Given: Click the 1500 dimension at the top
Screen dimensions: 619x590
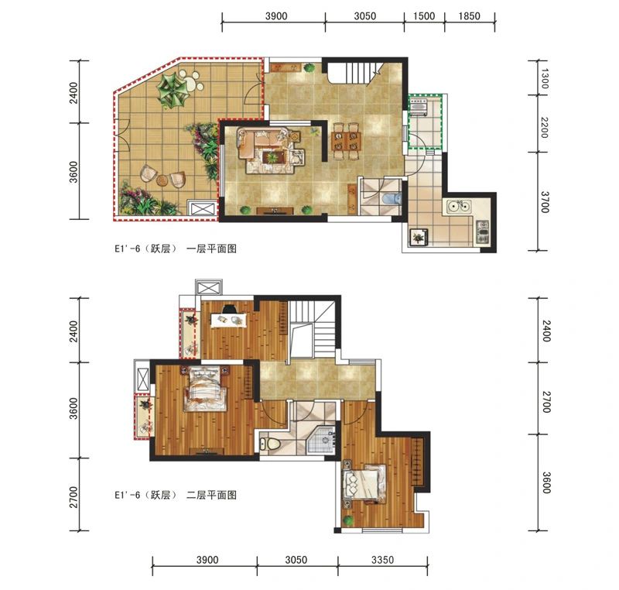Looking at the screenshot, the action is click(424, 16).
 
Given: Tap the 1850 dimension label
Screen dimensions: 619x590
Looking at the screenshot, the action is click(470, 16).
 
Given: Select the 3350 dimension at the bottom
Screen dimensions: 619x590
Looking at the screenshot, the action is click(382, 560).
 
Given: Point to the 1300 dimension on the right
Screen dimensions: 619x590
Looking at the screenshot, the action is click(544, 78).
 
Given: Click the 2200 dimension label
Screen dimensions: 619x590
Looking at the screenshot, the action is click(544, 127).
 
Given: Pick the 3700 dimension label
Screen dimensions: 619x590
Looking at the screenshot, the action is click(545, 202).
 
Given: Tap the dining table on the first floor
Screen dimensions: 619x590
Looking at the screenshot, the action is click(346, 141).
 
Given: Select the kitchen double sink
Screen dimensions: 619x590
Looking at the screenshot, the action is click(459, 206).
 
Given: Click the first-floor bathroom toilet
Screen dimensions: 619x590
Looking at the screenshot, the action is click(392, 199).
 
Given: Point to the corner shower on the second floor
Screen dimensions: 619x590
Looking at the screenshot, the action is click(321, 438).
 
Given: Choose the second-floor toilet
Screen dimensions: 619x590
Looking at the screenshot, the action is click(269, 444).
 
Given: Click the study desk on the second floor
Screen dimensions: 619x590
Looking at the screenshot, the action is click(229, 319).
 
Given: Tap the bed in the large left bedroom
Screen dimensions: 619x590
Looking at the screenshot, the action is click(204, 389).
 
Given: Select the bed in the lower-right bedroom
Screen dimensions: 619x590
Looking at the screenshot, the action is click(364, 484).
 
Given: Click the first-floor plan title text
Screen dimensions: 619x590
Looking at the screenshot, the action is click(176, 249).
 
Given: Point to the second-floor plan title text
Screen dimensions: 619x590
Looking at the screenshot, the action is click(176, 495).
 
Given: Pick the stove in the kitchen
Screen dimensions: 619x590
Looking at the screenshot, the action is click(482, 232).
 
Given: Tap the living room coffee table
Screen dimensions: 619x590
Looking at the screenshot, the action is click(272, 156).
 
